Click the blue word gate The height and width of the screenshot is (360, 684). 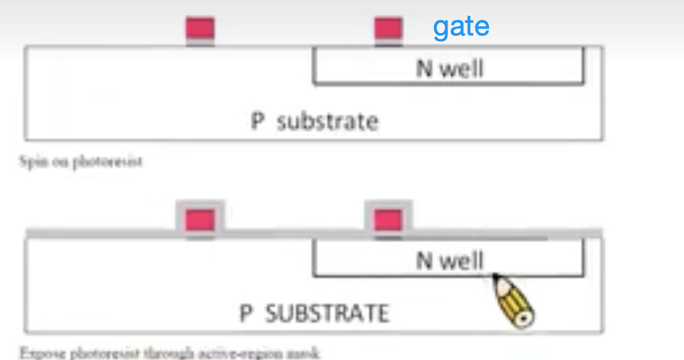[x=461, y=27]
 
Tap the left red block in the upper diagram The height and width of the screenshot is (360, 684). [x=200, y=29]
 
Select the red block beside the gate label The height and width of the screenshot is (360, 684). [x=388, y=29]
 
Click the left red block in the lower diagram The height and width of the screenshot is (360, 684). [x=200, y=220]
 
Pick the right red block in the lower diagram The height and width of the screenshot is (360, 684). [x=388, y=220]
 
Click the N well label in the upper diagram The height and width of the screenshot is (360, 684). [x=450, y=69]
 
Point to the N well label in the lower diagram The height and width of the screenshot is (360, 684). [x=450, y=260]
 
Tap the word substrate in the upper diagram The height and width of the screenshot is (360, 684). [x=327, y=122]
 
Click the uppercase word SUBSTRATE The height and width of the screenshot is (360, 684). [x=327, y=313]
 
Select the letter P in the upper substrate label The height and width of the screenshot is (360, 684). [x=258, y=122]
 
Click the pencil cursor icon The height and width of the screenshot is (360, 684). [x=514, y=301]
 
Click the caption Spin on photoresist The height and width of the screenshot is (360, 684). [x=80, y=161]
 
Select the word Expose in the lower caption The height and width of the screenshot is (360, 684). [x=38, y=353]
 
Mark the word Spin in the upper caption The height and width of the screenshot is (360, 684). [x=30, y=161]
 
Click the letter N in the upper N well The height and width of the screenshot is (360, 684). [x=424, y=69]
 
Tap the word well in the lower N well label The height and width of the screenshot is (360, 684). [x=461, y=260]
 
